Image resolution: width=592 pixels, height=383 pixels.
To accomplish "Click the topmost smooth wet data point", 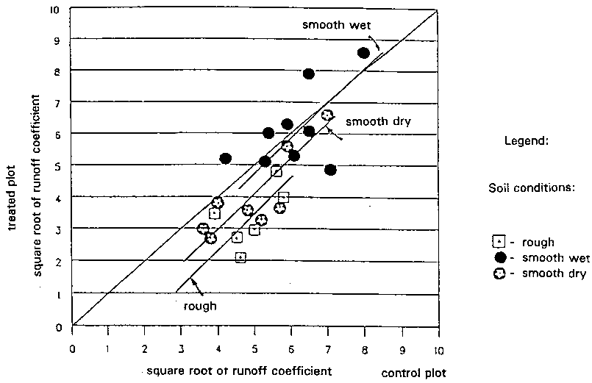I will [363, 52].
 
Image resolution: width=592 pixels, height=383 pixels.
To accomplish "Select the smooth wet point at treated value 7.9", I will [309, 74].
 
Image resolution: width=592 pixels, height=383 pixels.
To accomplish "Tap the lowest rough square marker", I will [240, 257].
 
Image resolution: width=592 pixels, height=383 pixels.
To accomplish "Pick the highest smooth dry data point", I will [327, 115].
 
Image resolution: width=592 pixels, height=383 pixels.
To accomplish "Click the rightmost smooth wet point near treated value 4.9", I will [330, 170].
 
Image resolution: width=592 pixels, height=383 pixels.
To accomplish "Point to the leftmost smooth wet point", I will [225, 159].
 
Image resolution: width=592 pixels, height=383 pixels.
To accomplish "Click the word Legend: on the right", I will [527, 140].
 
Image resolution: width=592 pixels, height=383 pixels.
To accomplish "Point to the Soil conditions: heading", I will [531, 188].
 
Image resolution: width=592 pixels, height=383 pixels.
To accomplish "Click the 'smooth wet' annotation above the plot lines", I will [332, 24].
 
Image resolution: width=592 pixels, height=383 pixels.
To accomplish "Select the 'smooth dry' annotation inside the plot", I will [377, 121].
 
